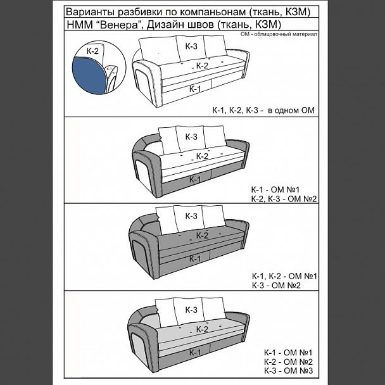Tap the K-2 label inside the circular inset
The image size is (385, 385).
click(92, 51)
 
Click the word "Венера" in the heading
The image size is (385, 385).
click(119, 25)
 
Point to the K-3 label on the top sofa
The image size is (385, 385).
click(191, 46)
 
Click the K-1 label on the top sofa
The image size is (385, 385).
click(195, 89)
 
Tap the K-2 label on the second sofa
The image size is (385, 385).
click(202, 156)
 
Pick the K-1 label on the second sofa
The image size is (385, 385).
click(195, 180)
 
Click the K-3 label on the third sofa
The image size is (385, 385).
click(191, 216)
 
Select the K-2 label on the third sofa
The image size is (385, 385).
click(202, 236)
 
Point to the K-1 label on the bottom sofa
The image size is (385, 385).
click(195, 353)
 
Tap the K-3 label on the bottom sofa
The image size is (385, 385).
click(191, 310)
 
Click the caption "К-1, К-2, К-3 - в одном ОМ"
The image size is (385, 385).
click(263, 110)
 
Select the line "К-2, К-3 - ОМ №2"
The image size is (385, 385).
click(284, 199)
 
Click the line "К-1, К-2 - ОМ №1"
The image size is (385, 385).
click(284, 276)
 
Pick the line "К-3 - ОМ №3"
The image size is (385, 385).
click(289, 371)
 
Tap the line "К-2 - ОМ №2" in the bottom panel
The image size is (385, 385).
click(289, 362)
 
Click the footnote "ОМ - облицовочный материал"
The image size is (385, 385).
click(279, 34)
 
